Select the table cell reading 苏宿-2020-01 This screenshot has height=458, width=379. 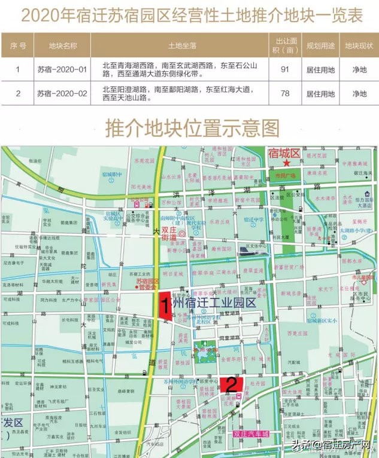(x=63, y=70)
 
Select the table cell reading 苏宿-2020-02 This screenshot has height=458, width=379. (x=63, y=94)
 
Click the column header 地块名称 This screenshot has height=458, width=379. (x=63, y=45)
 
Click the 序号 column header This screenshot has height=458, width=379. (x=18, y=45)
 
